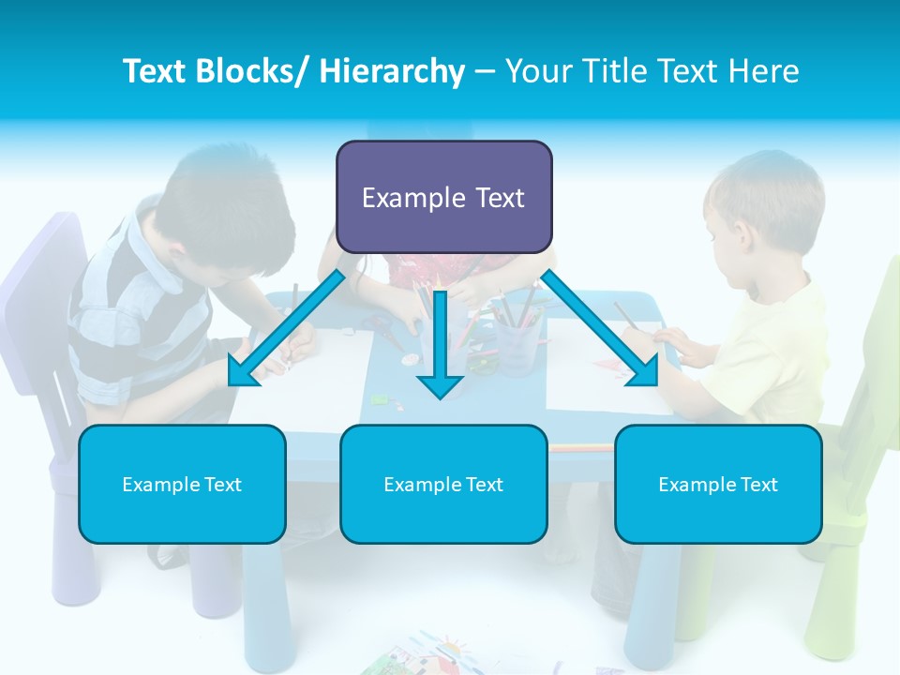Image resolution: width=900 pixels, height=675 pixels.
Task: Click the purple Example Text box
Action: click(443, 197)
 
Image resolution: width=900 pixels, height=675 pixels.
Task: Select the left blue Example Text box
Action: click(182, 484)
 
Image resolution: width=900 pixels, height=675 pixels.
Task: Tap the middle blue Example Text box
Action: click(443, 484)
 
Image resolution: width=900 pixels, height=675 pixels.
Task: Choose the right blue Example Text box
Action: click(718, 484)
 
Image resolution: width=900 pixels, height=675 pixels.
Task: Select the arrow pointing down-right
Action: click(601, 328)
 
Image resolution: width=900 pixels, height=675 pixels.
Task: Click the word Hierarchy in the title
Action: click(392, 71)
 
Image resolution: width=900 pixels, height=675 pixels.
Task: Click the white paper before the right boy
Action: click(600, 375)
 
